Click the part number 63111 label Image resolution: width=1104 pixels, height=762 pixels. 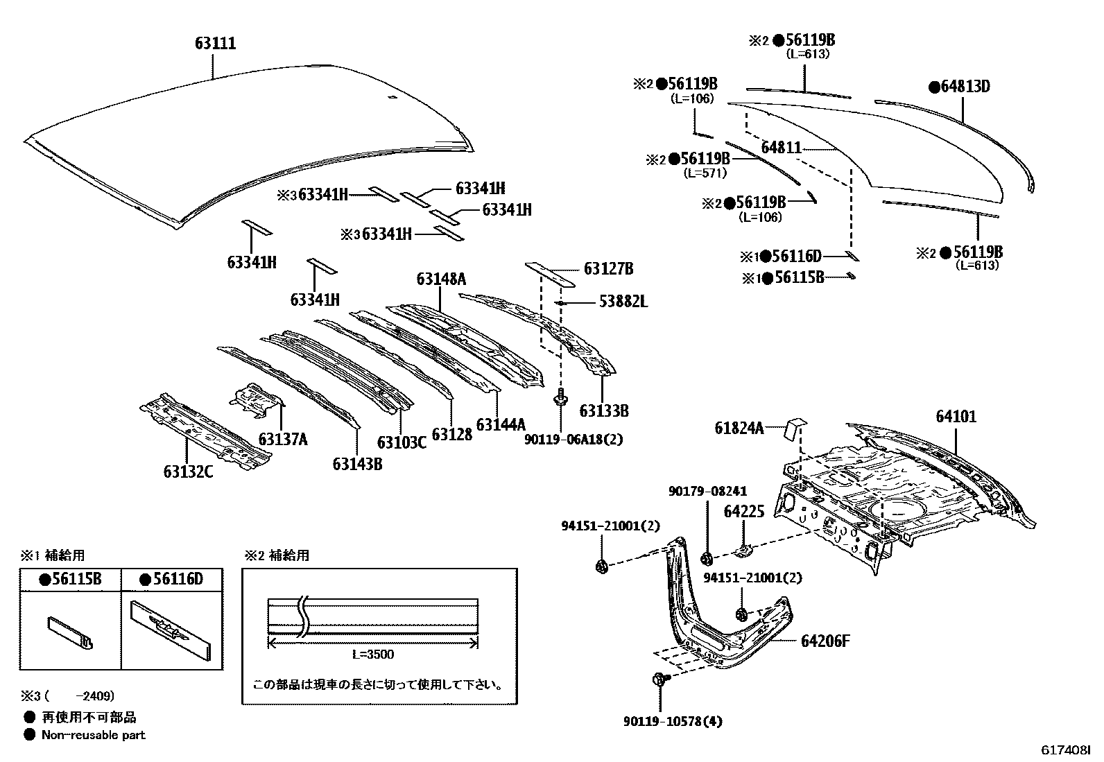pos(215,44)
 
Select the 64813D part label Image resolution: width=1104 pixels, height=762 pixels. pos(960,87)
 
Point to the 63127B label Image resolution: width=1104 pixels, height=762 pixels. pos(608,269)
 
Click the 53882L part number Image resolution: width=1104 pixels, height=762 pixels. pos(623,302)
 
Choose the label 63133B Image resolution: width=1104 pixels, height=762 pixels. pos(604,410)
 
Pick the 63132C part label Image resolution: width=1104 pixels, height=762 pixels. pos(188,471)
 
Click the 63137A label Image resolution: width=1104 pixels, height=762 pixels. pos(283,439)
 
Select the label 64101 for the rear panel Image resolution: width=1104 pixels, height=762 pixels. pos(956,417)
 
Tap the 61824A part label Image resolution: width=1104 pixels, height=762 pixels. pos(739,428)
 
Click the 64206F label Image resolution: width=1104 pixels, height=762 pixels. pos(825,641)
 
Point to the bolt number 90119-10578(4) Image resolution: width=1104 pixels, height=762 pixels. pos(673,721)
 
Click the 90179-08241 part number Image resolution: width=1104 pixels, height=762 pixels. pos(707,491)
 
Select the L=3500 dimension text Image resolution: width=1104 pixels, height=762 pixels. pos(372,654)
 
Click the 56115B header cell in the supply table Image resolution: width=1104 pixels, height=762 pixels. pos(71,579)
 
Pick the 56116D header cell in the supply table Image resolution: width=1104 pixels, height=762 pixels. pos(171,579)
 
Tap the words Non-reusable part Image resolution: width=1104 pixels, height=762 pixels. pos(93,734)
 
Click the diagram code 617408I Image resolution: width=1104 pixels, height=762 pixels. pos(1065,750)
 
